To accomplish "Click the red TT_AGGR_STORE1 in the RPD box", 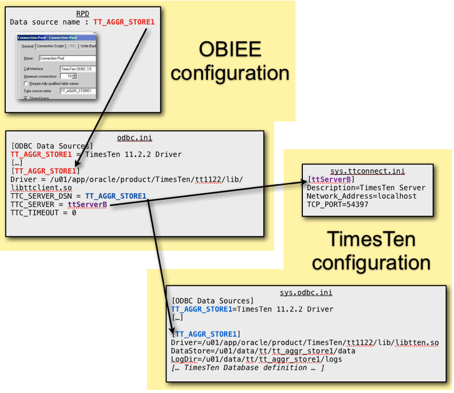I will pyautogui.click(x=124, y=22).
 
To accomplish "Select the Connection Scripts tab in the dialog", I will pyautogui.click(x=51, y=46).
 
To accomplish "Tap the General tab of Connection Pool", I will pyautogui.click(x=27, y=46).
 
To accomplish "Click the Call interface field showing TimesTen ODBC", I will pyautogui.click(x=77, y=69).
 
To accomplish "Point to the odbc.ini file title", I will pyautogui.click(x=134, y=138).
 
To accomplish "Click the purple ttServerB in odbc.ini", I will pyautogui.click(x=87, y=204).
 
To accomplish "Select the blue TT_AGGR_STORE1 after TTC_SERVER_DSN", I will pyautogui.click(x=115, y=196).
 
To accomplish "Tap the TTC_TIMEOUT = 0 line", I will pyautogui.click(x=43, y=212).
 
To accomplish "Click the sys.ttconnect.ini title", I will pyautogui.click(x=367, y=171).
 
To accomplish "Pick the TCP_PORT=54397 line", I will pyautogui.click(x=337, y=204).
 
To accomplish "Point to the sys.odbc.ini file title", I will pyautogui.click(x=306, y=292).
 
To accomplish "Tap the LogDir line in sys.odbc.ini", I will pyautogui.click(x=256, y=359).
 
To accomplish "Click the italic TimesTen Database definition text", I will pyautogui.click(x=247, y=367).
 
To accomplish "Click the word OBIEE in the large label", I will pyautogui.click(x=230, y=50).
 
